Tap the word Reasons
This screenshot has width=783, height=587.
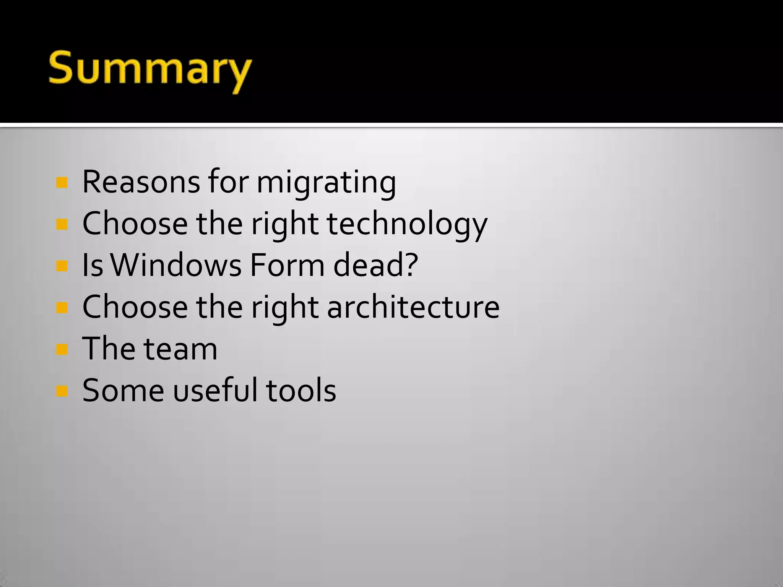point(141,182)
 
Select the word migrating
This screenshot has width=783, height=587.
point(326,183)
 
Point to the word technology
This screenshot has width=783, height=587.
point(407,225)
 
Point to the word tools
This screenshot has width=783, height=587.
point(301,390)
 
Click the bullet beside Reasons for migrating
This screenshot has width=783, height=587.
point(62,183)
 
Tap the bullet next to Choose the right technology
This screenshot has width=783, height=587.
point(62,224)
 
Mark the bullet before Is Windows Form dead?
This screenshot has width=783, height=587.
point(62,266)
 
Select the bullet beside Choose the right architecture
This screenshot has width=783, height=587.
point(62,307)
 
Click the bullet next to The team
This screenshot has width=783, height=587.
point(62,349)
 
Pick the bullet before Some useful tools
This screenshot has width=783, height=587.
point(62,391)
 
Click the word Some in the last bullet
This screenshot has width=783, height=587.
point(123,390)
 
